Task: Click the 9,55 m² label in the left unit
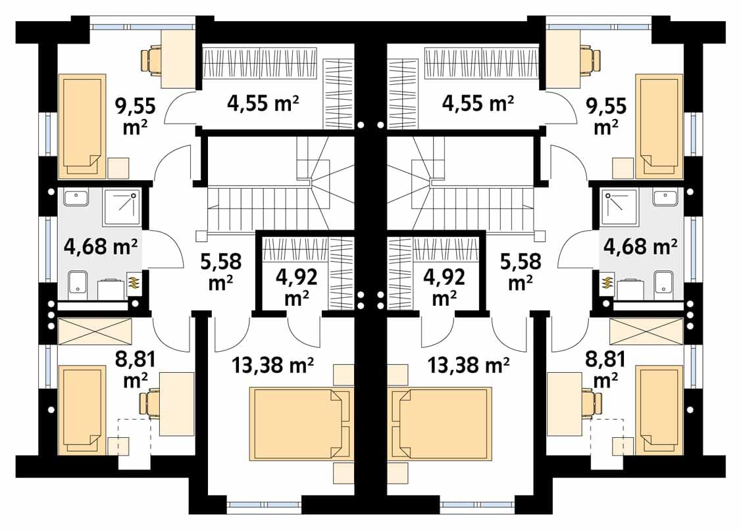click(135, 116)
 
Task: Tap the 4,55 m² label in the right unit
click(477, 103)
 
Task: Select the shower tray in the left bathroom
click(122, 207)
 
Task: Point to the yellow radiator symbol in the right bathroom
click(605, 283)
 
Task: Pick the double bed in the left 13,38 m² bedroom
click(301, 423)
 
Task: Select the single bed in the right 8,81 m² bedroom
click(659, 410)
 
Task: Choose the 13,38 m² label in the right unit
click(469, 365)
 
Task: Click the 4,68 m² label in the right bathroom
click(640, 246)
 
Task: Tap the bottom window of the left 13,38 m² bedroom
click(264, 504)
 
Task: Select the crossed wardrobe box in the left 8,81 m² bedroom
click(95, 331)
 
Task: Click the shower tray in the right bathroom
click(619, 207)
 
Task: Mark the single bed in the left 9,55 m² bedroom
click(82, 127)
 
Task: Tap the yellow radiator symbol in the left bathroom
click(134, 283)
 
